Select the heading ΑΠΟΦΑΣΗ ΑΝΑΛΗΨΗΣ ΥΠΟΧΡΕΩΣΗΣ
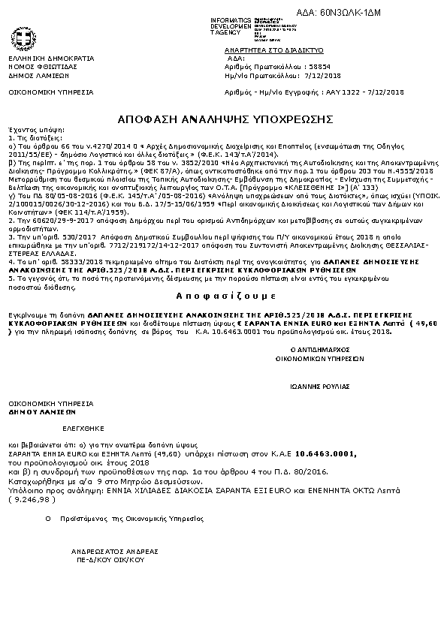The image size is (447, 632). click(225, 119)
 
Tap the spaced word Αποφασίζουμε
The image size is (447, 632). click(225, 296)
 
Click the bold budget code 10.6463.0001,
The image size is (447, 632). click(326, 454)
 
